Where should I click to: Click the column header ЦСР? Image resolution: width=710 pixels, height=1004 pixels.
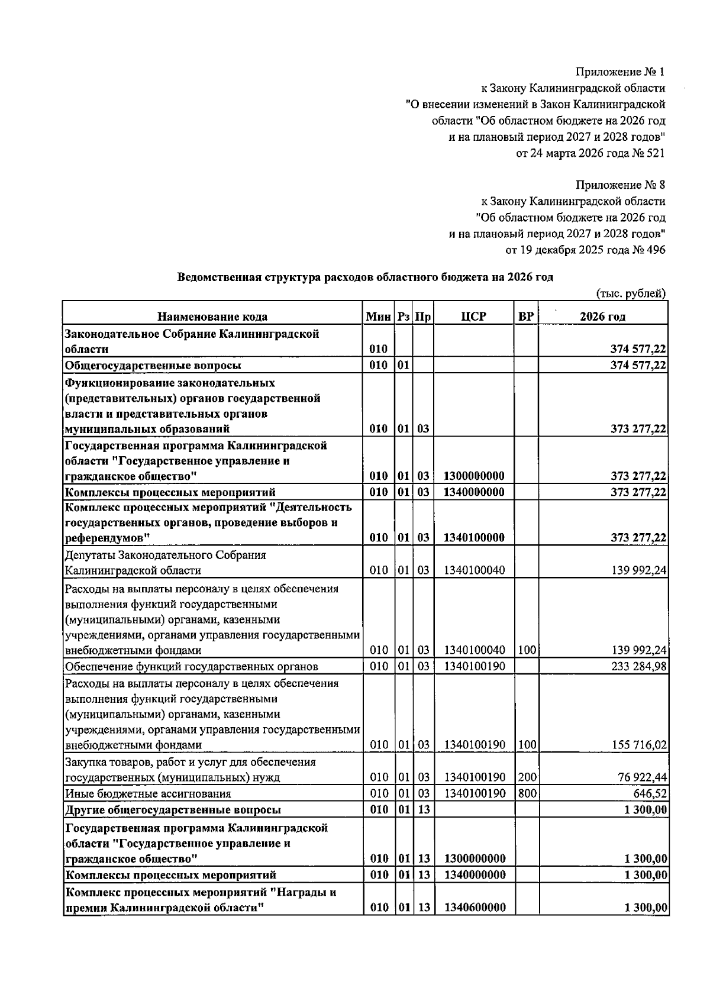click(473, 317)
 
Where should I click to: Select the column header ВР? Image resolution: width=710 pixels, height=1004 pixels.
click(525, 317)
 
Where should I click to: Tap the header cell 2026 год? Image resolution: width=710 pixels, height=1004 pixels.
click(602, 317)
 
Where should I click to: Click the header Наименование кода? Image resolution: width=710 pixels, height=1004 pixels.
click(212, 317)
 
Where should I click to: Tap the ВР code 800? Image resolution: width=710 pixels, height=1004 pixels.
click(526, 793)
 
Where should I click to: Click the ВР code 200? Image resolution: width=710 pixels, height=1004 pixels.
click(526, 777)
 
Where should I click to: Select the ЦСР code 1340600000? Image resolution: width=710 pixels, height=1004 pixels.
click(475, 908)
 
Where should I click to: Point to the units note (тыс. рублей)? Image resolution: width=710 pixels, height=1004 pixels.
click(630, 293)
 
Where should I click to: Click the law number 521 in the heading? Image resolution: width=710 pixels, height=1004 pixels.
click(656, 153)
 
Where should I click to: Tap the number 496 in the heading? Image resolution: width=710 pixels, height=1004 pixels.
click(656, 250)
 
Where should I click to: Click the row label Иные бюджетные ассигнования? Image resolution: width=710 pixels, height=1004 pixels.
click(148, 794)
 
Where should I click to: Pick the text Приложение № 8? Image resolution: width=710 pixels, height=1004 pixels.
click(620, 185)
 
